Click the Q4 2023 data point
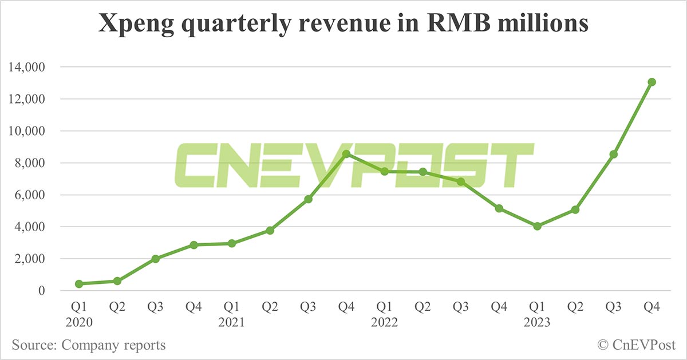coord(652,82)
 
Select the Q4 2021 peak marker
coord(346,154)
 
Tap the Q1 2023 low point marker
coord(537,226)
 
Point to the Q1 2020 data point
coord(79,284)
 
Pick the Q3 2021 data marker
coord(308,199)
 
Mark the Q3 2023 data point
coord(614,155)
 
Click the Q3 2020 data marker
coord(156,259)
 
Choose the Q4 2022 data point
coord(499,208)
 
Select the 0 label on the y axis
coord(41,291)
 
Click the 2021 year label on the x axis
coord(232,323)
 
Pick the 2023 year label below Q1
coord(537,323)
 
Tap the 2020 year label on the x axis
coord(79,323)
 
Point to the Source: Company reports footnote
coord(89,345)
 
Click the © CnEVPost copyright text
coord(637,345)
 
